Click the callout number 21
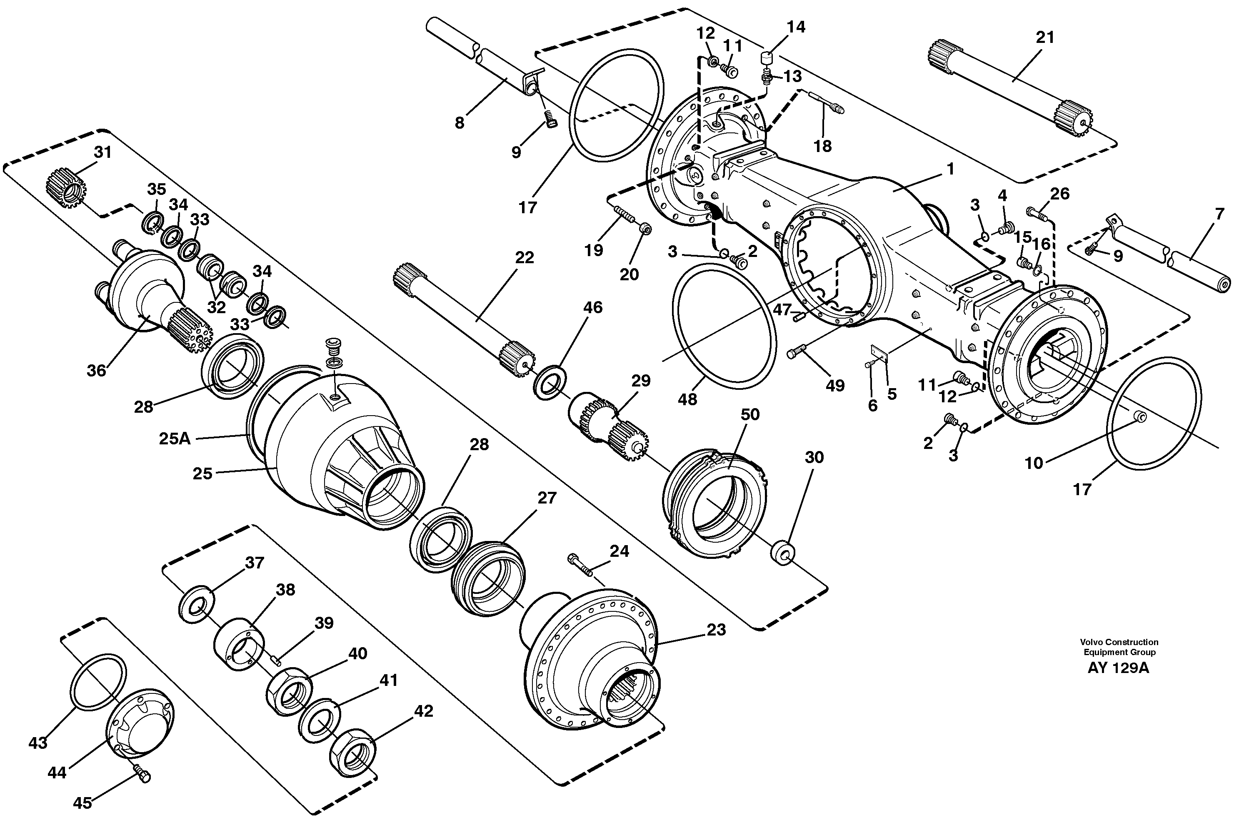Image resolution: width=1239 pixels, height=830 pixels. pyautogui.click(x=1045, y=37)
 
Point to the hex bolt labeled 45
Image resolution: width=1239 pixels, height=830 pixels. pyautogui.click(x=142, y=776)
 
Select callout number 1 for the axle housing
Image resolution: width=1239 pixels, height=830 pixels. pyautogui.click(x=950, y=169)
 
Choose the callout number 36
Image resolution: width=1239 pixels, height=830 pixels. pyautogui.click(x=97, y=371)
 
